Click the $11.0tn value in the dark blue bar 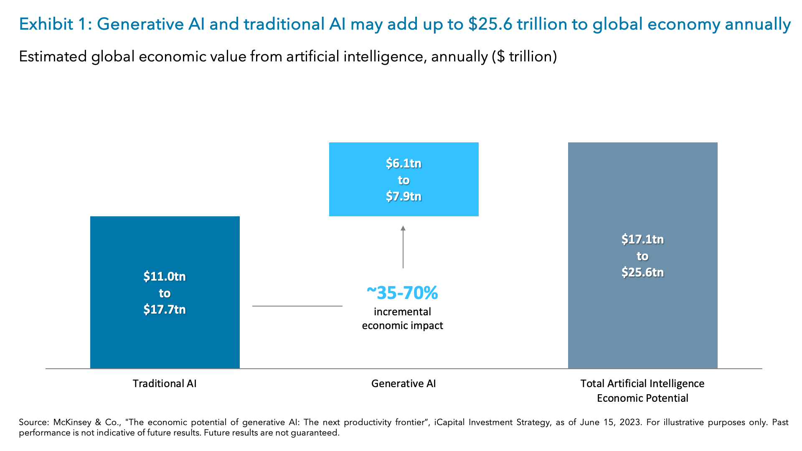click(x=165, y=276)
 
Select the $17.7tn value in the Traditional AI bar click(x=165, y=309)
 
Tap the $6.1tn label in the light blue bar click(x=404, y=163)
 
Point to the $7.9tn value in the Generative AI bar click(x=404, y=196)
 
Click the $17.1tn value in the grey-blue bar click(x=642, y=239)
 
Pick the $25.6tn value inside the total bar click(x=642, y=272)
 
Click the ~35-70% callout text click(x=402, y=293)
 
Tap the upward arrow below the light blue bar click(x=403, y=246)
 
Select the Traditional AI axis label click(x=165, y=383)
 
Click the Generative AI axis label click(x=404, y=383)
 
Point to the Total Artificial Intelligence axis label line click(x=642, y=383)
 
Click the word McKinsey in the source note click(x=72, y=422)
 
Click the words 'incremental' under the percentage click(x=402, y=312)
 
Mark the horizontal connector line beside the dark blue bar click(x=297, y=306)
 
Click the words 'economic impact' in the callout click(x=402, y=326)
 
